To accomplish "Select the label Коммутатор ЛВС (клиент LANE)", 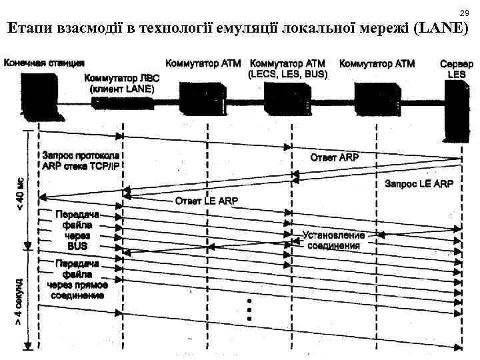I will click(x=122, y=83).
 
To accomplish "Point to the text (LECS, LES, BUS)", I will click(x=287, y=75).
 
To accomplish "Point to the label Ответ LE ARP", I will click(x=206, y=200).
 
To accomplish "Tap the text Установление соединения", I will click(x=333, y=241).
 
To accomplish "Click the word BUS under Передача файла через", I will click(x=78, y=245).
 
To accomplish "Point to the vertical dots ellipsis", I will click(x=248, y=309).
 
